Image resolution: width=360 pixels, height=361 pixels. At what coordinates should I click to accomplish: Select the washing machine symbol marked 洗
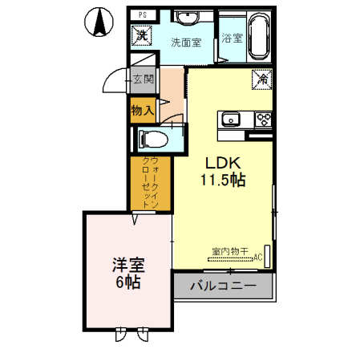[142, 35]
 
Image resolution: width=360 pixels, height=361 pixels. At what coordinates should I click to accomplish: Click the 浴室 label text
[233, 37]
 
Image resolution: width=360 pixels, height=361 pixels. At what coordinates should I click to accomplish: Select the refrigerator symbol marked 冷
[262, 80]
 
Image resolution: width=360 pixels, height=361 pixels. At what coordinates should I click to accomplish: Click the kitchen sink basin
[230, 120]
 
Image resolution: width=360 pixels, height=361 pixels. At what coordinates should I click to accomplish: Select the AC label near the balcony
[257, 258]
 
